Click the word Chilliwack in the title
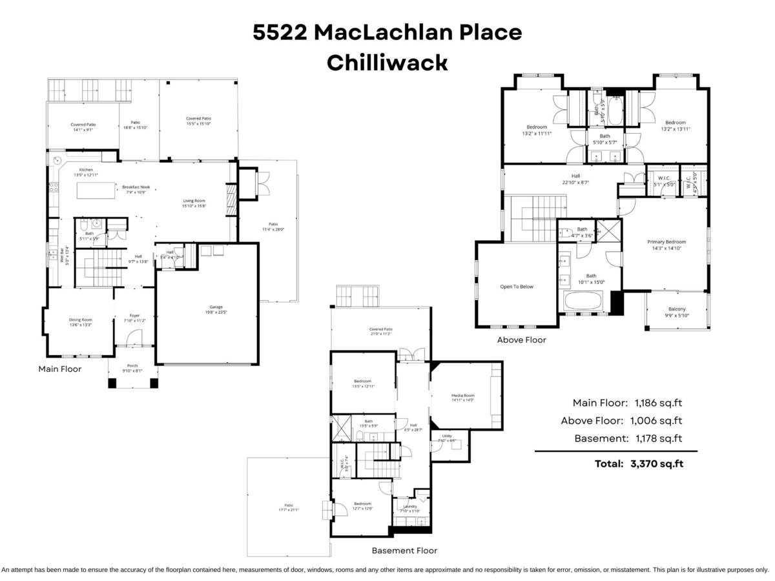(387, 63)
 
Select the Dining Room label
(81, 320)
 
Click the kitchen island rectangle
(96, 190)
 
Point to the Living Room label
(194, 201)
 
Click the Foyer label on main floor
(134, 316)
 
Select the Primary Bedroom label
(666, 242)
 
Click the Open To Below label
(517, 287)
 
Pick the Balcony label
(677, 309)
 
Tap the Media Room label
(463, 396)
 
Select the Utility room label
(447, 436)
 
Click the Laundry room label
(409, 507)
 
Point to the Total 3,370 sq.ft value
(656, 463)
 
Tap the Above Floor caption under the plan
(521, 340)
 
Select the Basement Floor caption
(404, 551)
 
